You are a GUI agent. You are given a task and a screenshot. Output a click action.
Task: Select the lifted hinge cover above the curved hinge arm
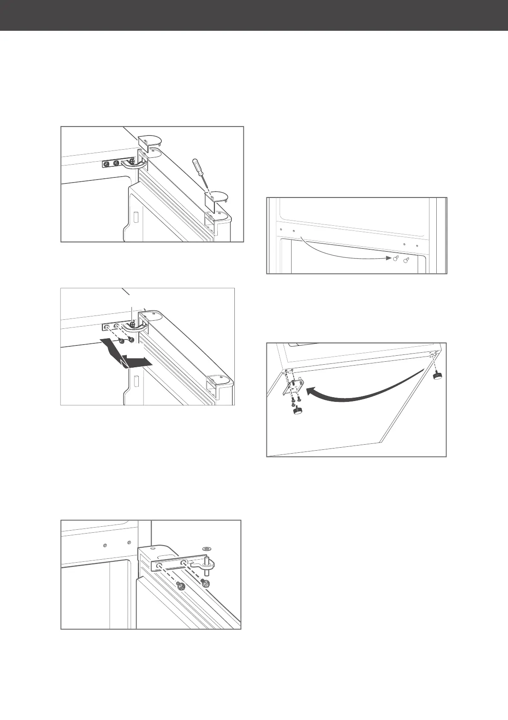pos(149,141)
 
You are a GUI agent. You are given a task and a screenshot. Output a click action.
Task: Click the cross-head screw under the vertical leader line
pos(134,324)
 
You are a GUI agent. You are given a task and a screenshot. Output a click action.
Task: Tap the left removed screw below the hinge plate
pos(122,341)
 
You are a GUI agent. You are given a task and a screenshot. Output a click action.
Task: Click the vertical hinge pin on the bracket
pos(207,562)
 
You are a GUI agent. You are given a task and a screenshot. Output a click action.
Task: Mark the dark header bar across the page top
pos(254,15)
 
